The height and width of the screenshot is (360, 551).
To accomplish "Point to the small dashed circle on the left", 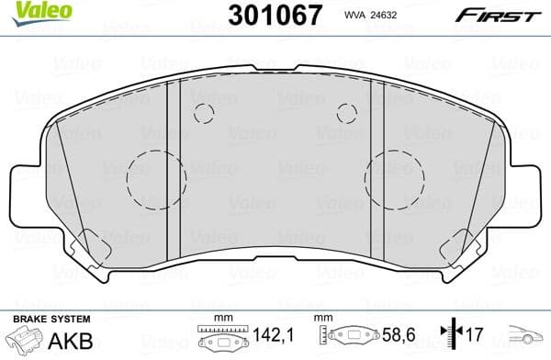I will coord(204,113).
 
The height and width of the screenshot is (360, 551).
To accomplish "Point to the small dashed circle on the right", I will coord(346,113).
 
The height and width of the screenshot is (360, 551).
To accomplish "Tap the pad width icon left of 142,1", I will coord(218,338).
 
